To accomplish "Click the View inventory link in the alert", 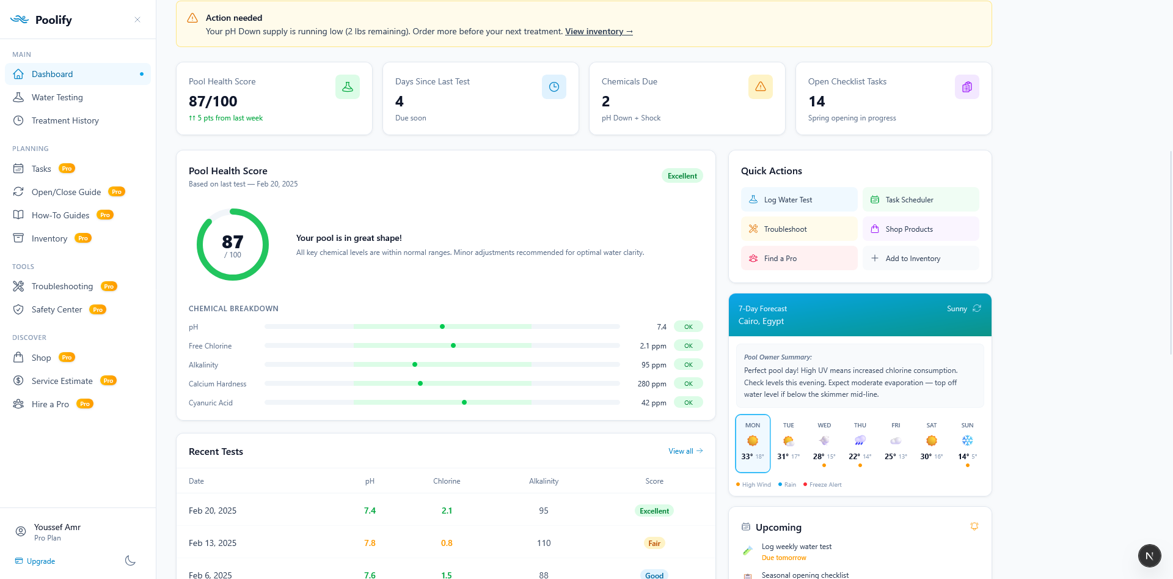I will point(598,31).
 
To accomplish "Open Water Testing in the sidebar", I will point(57,97).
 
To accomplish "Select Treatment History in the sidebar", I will point(65,120).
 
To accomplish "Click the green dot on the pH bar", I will point(442,326).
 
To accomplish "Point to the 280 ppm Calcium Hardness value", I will point(651,384).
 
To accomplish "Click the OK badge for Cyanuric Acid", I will point(688,403).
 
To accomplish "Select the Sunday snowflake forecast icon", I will point(967,441).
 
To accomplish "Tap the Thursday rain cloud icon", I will point(860,441).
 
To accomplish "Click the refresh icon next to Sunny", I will point(977,308).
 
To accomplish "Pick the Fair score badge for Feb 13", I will point(654,543).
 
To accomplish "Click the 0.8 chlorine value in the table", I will point(447,543).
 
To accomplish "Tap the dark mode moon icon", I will point(130,561).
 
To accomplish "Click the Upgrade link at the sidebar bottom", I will point(40,561).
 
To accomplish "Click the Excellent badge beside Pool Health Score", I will point(682,176).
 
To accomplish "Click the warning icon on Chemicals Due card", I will point(760,87).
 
